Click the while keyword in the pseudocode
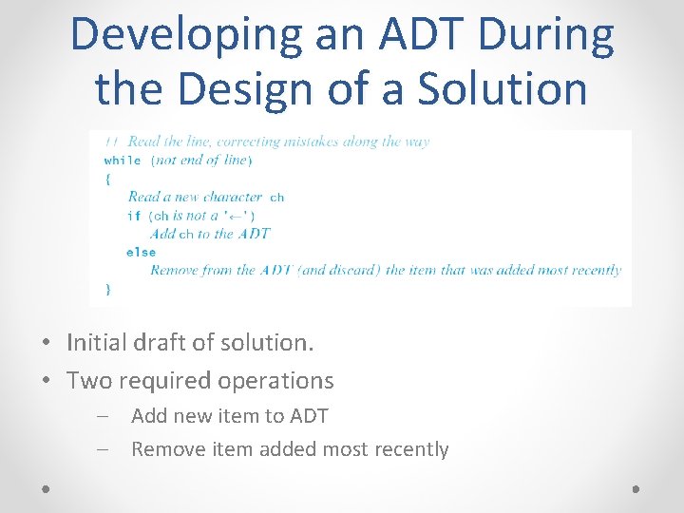coord(123,161)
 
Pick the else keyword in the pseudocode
coord(141,252)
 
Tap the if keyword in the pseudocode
coord(133,216)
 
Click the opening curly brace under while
coord(107,179)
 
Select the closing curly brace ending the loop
coord(107,289)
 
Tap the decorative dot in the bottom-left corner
coord(47,487)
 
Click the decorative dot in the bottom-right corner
coord(636,487)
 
